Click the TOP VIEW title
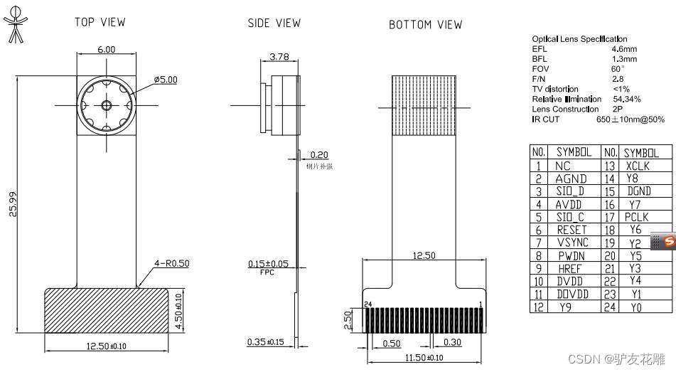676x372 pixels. coord(100,22)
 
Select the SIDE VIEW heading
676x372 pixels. coord(274,23)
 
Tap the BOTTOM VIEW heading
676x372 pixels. coord(425,25)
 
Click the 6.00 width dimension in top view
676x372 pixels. coord(106,49)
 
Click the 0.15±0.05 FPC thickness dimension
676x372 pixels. coord(268,264)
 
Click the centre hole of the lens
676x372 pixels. coord(106,105)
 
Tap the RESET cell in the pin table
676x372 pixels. coord(572,230)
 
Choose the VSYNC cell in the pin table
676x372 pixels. coord(573,243)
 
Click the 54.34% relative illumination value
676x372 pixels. coord(626,99)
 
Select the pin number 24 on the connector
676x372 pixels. coord(368,304)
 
